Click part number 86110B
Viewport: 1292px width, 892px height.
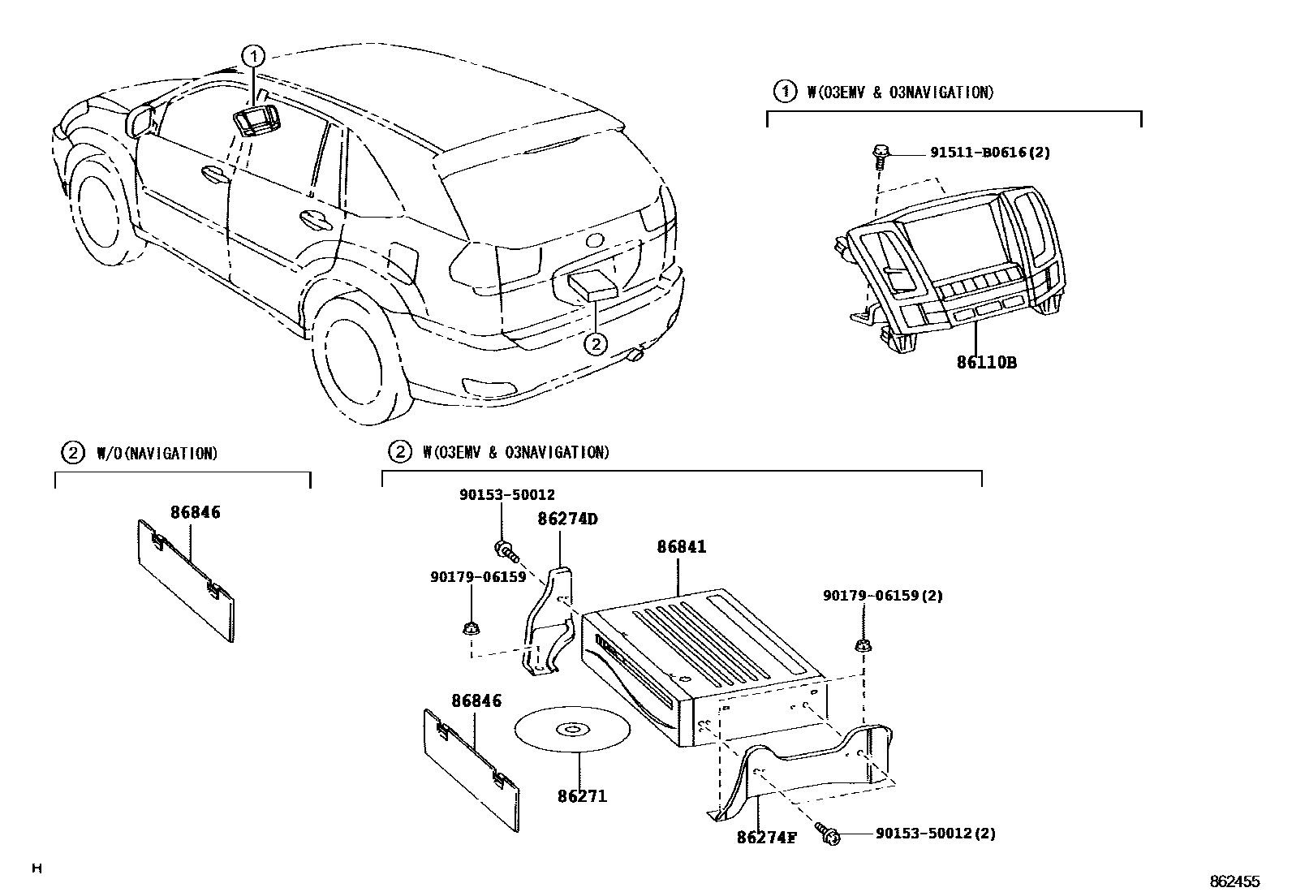coord(986,362)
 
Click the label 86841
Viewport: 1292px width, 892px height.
coord(681,547)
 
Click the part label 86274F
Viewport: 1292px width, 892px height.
coord(766,837)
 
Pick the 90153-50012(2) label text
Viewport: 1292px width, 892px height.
coord(936,834)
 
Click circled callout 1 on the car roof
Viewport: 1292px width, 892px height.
coord(254,56)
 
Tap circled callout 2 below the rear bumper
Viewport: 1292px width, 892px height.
coord(596,344)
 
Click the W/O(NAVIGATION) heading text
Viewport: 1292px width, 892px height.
coord(157,453)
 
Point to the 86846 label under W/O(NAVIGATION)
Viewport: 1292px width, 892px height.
coord(195,512)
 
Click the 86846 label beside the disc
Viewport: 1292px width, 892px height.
coord(476,700)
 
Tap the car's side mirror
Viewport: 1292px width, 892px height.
coord(142,119)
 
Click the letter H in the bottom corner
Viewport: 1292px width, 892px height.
coord(36,869)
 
